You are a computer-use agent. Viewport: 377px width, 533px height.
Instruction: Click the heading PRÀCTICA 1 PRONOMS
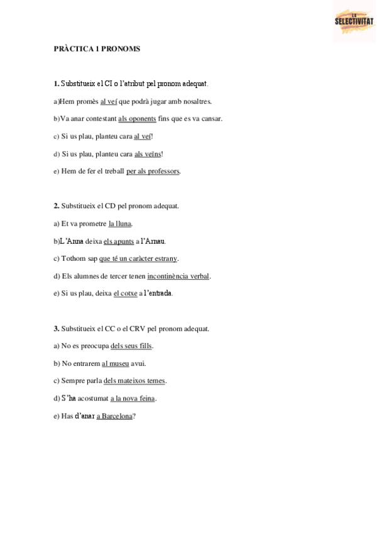97,48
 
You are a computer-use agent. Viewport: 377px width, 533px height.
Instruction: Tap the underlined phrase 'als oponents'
137,118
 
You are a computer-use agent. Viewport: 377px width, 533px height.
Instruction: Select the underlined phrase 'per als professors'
153,171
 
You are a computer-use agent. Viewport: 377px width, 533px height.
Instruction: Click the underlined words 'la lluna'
120,223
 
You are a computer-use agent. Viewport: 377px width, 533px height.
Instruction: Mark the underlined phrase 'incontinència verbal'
178,276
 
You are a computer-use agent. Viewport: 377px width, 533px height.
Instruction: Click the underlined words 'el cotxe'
125,294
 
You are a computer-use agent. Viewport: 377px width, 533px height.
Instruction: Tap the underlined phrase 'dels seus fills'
131,346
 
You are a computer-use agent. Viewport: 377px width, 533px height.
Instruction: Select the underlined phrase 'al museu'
115,363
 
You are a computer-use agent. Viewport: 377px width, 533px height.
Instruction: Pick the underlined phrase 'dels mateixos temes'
134,381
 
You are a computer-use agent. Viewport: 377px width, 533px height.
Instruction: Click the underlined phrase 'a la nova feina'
133,398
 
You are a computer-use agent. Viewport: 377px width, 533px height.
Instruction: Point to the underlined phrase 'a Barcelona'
114,416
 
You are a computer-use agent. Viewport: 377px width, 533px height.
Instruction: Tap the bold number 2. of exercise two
57,206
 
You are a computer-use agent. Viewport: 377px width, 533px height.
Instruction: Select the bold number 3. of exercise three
57,328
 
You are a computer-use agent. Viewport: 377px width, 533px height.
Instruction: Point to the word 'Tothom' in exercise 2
71,258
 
